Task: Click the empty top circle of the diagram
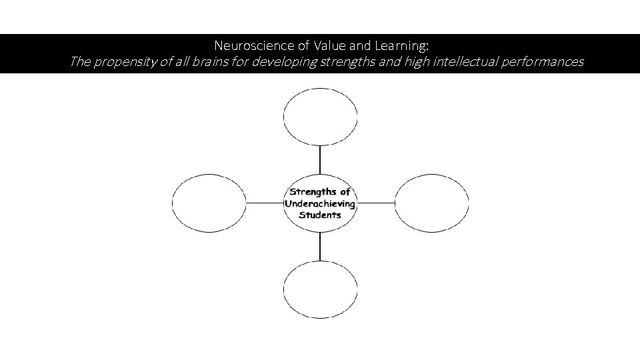click(320, 116)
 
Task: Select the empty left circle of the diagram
click(209, 202)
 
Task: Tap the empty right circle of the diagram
click(431, 202)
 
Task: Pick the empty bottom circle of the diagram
click(320, 289)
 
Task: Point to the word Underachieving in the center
click(320, 203)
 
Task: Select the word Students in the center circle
click(320, 215)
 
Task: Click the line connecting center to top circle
click(320, 160)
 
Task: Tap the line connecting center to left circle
click(265, 202)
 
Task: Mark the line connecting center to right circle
click(375, 202)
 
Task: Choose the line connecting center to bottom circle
click(320, 246)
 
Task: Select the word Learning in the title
click(403, 46)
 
